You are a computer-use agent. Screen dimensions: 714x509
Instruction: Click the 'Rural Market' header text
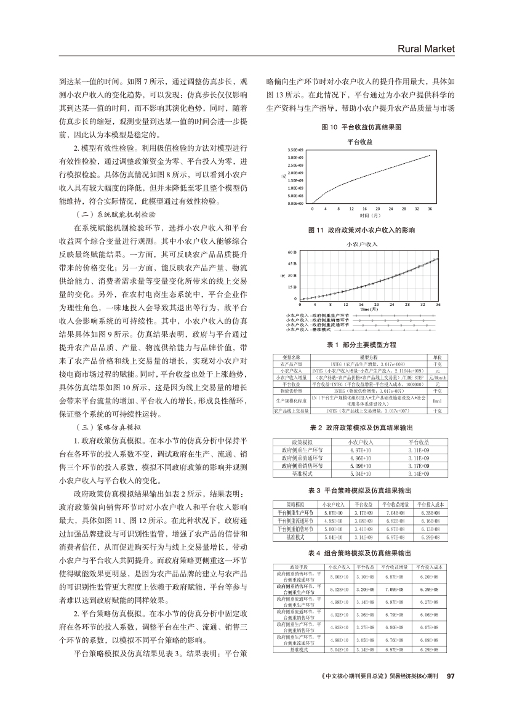coord(425,49)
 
